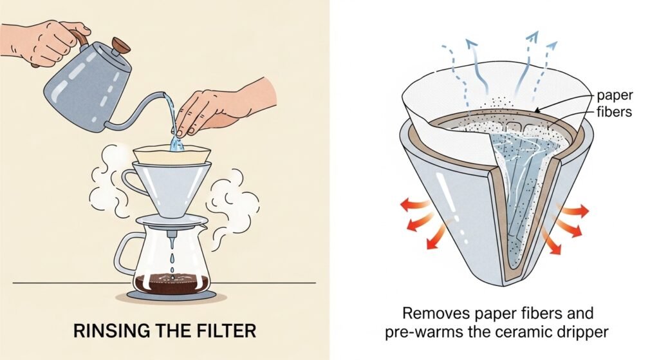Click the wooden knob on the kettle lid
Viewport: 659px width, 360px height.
tap(120, 44)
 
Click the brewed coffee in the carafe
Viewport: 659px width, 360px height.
tap(171, 283)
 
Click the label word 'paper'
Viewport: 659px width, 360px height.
tap(615, 96)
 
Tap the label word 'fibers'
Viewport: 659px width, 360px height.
tap(614, 112)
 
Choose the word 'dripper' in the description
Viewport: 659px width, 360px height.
tap(584, 333)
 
